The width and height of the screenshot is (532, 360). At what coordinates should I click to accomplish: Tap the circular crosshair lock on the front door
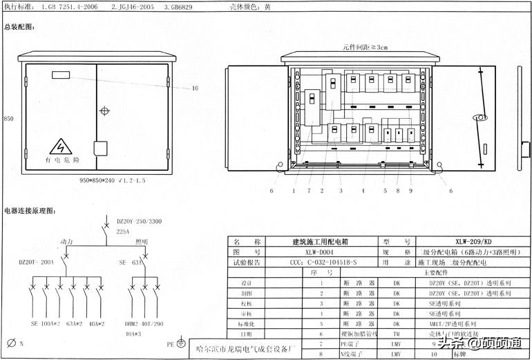pyautogui.click(x=104, y=111)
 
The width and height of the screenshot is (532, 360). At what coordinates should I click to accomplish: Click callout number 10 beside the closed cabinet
pyautogui.click(x=194, y=88)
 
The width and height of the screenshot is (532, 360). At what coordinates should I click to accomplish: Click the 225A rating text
pyautogui.click(x=124, y=231)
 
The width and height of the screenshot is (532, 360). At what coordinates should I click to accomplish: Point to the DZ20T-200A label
pyautogui.click(x=36, y=263)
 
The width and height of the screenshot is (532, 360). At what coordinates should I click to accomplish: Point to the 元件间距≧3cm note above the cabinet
pyautogui.click(x=365, y=47)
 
